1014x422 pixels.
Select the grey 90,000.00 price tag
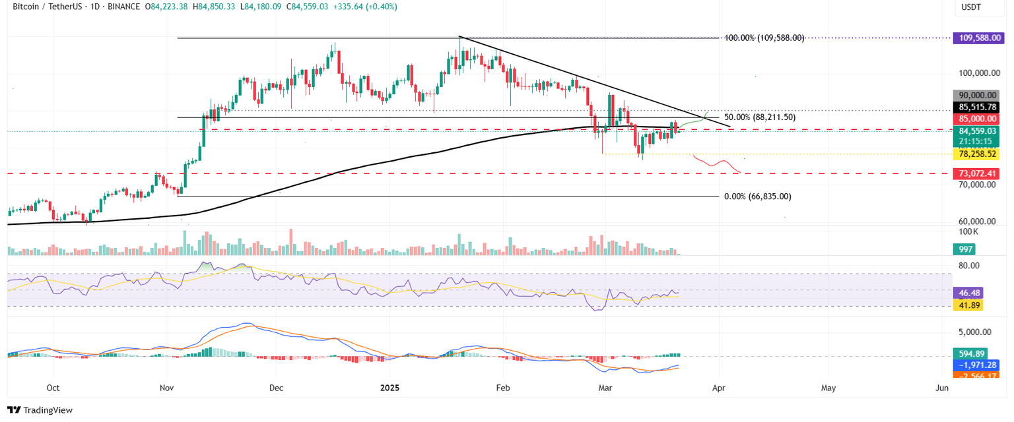975,95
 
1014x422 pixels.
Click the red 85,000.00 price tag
975,119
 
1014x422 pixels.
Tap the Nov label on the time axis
167,388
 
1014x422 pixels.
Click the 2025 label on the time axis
388,388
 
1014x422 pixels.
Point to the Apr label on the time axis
719,388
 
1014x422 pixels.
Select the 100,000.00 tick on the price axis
977,73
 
